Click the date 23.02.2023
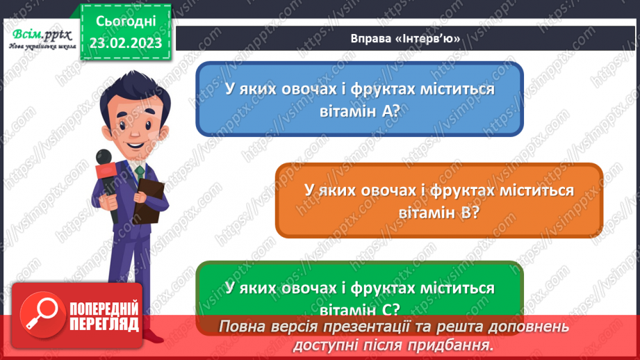click(126, 42)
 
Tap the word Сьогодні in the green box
click(126, 21)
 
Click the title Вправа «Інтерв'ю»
click(406, 38)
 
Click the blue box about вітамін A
click(359, 99)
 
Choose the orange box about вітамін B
click(438, 200)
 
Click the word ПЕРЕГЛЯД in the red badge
click(104, 323)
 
